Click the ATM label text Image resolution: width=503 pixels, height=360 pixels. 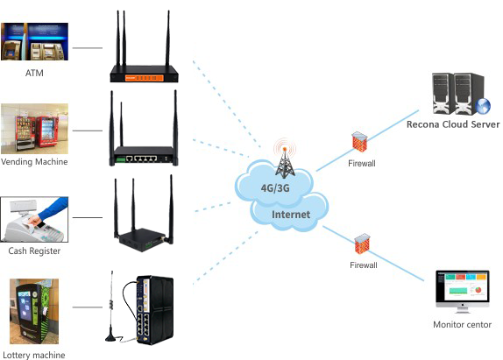34,73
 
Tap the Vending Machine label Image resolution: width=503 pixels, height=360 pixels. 34,161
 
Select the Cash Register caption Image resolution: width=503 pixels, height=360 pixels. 34,251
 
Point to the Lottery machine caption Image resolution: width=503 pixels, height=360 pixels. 34,355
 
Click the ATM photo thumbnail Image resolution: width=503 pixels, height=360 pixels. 35,41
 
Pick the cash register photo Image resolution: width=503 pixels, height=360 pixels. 34,219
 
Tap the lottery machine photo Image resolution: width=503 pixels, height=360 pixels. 34,311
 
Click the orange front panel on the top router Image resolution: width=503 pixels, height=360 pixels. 144,78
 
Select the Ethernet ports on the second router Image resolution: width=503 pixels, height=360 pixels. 141,159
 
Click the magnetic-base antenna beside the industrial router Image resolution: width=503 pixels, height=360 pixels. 111,307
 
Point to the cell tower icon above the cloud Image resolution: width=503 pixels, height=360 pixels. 285,159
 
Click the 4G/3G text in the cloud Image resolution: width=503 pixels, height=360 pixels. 275,187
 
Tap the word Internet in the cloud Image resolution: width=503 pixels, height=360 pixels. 291,215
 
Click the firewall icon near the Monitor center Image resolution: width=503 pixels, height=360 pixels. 363,244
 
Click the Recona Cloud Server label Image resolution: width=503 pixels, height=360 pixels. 453,124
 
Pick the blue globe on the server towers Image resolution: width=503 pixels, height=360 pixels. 483,106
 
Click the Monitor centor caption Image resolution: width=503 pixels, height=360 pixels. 463,324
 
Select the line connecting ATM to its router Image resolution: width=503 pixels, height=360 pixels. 88,48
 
